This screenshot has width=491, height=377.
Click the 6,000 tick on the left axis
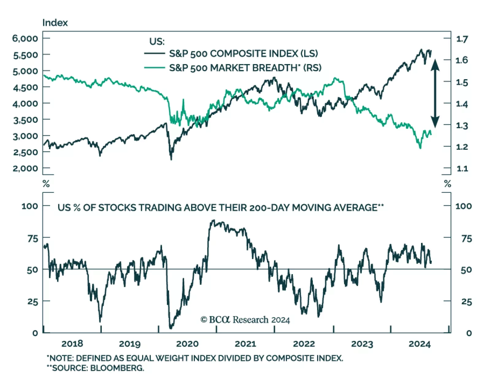coord(25,38)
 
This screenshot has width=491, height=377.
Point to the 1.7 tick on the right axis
coord(462,39)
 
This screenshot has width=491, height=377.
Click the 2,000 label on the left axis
coord(25,168)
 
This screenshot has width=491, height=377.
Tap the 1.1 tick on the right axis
coord(462,168)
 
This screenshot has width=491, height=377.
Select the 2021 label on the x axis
coord(245,344)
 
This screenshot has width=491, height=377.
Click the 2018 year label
coord(72,344)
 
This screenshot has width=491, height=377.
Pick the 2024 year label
coord(419,344)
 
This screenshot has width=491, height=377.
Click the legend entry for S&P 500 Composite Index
coord(243,53)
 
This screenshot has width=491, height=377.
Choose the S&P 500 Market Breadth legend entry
coord(245,68)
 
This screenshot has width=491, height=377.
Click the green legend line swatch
coord(155,68)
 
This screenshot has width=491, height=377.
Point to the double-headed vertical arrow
coord(435,93)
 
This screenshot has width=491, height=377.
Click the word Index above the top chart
coord(55,23)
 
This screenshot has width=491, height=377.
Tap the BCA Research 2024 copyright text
coord(245,320)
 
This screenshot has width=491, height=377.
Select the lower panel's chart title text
coord(220,208)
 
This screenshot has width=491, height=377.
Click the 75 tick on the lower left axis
coord(33,238)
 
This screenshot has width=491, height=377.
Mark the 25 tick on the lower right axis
coord(466,301)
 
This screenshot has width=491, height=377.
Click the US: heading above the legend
coord(157,41)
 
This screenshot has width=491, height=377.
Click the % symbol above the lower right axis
coord(447,184)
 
